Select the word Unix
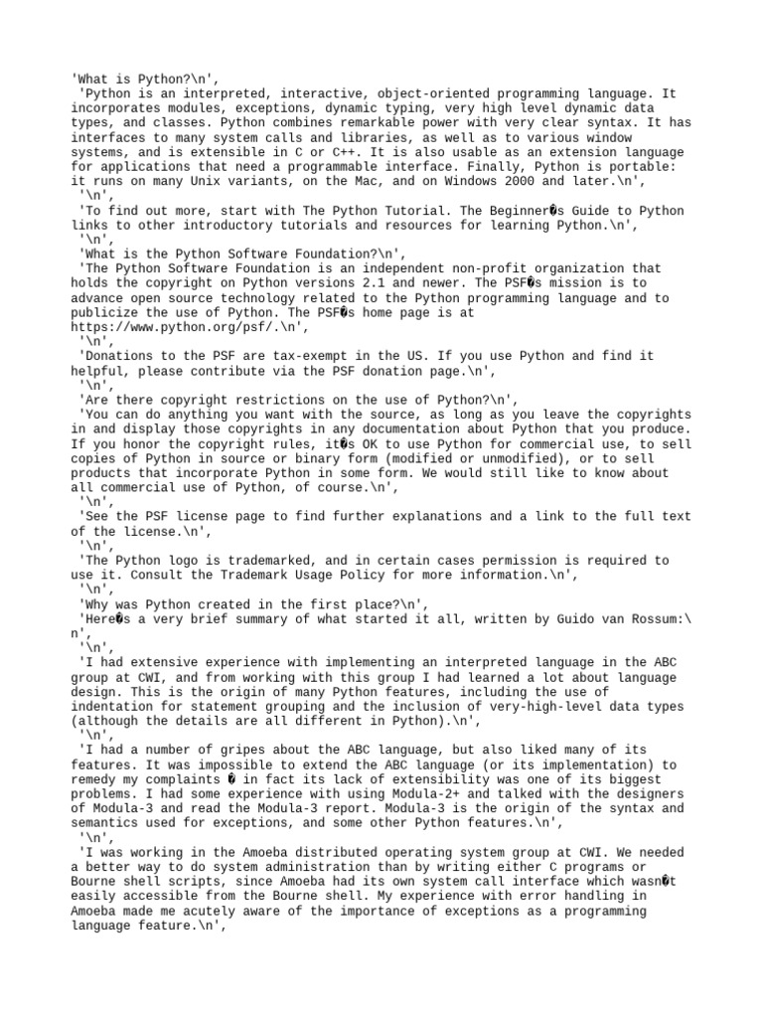click(208, 182)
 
